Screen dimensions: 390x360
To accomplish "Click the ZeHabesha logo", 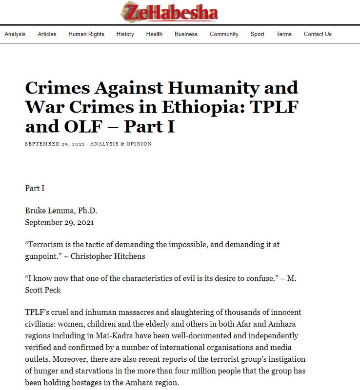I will [x=169, y=12].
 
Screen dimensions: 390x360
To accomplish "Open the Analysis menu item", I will [x=15, y=34].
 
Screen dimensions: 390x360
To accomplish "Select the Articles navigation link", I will [x=47, y=34].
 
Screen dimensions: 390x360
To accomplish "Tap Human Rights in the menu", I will [x=86, y=34].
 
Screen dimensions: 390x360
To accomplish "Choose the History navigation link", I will [x=125, y=34].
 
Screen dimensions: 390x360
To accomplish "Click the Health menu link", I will [x=154, y=34].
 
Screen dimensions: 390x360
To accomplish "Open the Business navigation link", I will [x=186, y=34].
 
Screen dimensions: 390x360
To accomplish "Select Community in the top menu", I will [x=224, y=34].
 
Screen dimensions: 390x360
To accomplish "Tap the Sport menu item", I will [x=258, y=34].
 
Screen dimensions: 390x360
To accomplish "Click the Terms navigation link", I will [x=284, y=34].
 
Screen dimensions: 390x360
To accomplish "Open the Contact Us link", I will [x=318, y=34].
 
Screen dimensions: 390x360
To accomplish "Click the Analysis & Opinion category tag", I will [x=121, y=144].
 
